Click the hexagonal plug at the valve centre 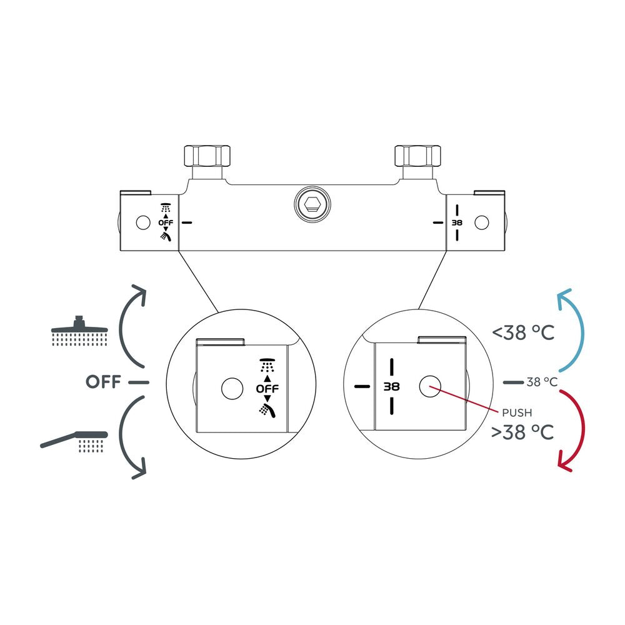[312, 204]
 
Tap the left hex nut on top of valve [207, 156]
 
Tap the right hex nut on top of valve [417, 156]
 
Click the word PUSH [517, 413]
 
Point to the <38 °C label [523, 332]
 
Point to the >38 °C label [522, 432]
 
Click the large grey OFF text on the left [103, 382]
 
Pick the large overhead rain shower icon [80, 331]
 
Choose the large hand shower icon [74, 442]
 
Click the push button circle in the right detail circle [430, 386]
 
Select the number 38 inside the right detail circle [391, 387]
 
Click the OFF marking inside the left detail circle [267, 389]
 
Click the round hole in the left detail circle [232, 388]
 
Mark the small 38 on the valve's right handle [457, 222]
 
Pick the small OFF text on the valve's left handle [166, 223]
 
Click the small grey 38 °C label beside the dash [542, 382]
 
